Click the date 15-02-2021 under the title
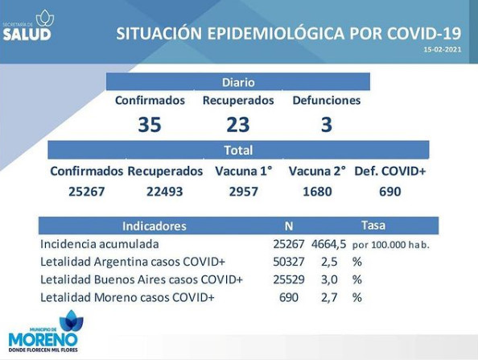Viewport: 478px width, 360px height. click(443, 49)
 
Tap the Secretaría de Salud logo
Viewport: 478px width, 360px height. click(27, 25)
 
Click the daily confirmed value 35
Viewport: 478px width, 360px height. click(150, 125)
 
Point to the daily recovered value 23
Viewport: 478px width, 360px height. click(238, 125)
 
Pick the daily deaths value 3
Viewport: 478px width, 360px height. click(327, 125)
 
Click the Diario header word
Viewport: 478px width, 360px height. click(238, 82)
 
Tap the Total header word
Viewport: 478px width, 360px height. click(238, 151)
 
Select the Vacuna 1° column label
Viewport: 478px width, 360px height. click(244, 172)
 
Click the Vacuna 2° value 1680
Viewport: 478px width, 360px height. click(317, 192)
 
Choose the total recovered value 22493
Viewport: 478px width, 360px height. click(165, 192)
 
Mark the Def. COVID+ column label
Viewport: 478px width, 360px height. click(390, 172)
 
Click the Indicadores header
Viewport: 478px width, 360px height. click(155, 226)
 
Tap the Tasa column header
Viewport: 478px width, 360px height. click(373, 226)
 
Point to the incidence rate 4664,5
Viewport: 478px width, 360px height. click(329, 244)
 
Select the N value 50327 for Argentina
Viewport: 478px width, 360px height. click(289, 262)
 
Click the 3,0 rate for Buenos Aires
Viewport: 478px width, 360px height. click(329, 279)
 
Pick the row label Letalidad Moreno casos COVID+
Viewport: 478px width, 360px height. click(127, 297)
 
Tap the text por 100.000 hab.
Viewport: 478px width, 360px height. click(391, 245)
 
